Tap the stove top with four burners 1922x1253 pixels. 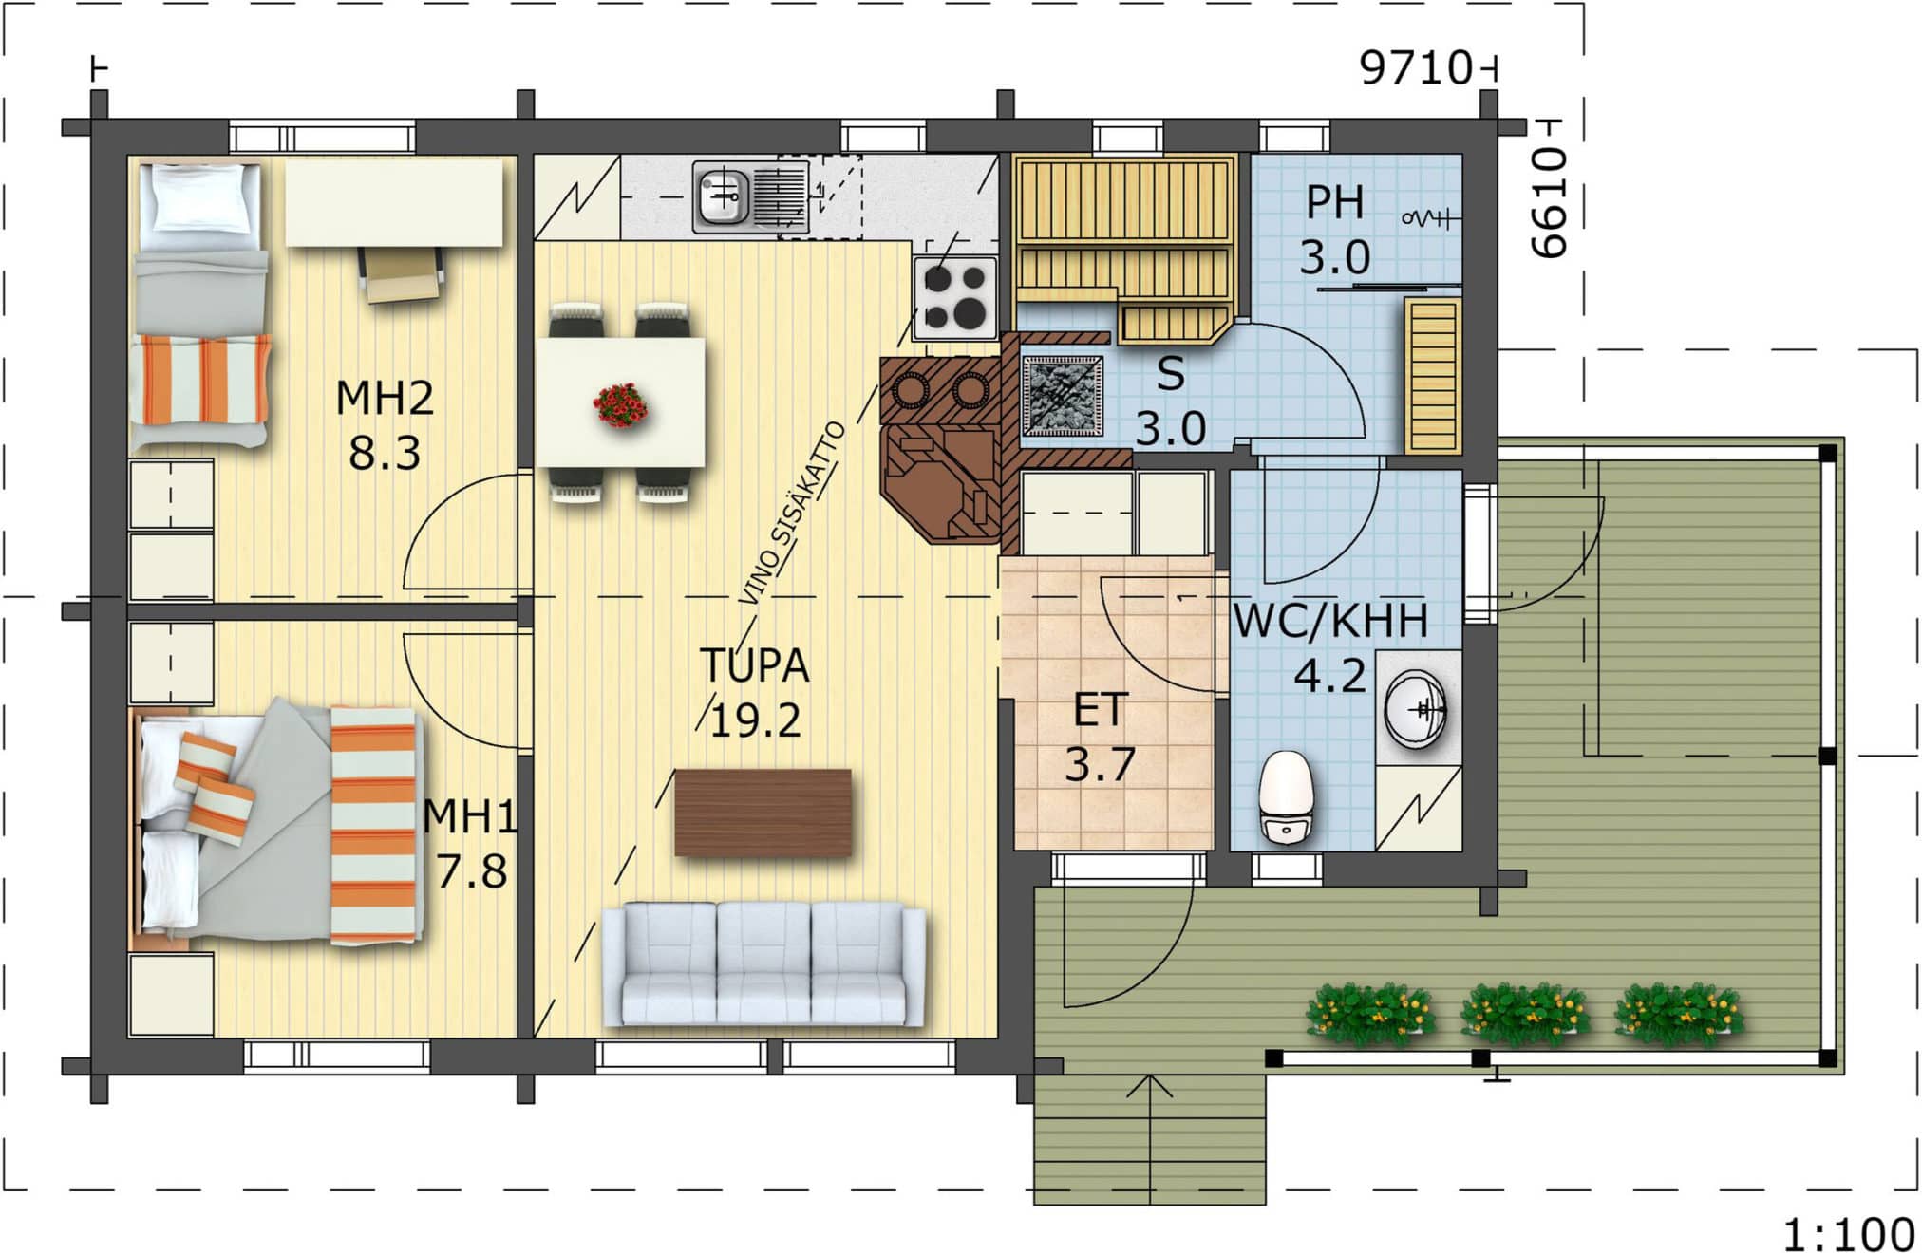point(955,296)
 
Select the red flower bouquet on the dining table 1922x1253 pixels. point(621,405)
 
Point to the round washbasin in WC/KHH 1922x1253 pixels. point(1416,709)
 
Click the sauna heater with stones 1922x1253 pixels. point(1063,396)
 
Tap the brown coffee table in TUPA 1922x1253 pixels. point(763,813)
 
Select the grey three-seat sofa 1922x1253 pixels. point(763,963)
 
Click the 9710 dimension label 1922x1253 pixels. point(1415,68)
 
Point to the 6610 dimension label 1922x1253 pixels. point(1549,201)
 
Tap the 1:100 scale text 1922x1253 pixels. point(1848,1234)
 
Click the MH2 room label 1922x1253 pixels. point(385,397)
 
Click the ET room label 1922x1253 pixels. point(1100,710)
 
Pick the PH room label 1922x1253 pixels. point(1334,202)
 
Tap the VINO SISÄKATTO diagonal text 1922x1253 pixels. point(792,513)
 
